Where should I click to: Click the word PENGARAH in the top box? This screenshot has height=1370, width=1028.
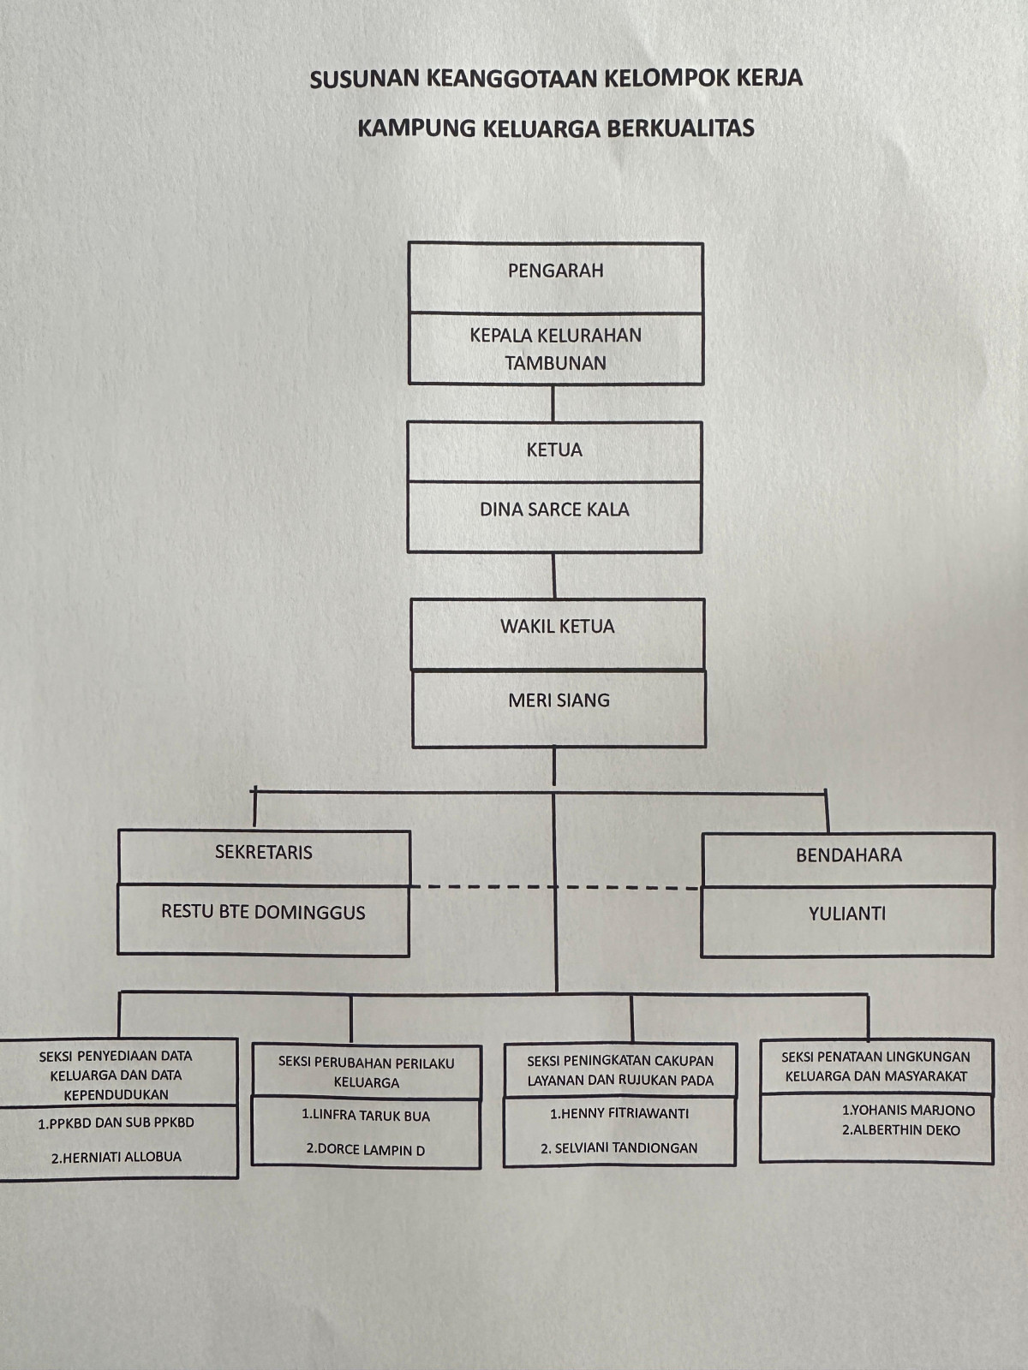pyautogui.click(x=555, y=271)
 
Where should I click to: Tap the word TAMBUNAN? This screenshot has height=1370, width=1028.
pyautogui.click(x=555, y=362)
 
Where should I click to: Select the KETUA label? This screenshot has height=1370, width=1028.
pyautogui.click(x=554, y=450)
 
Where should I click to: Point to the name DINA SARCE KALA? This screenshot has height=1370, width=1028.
pyautogui.click(x=554, y=509)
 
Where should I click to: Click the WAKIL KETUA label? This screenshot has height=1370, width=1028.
pyautogui.click(x=558, y=626)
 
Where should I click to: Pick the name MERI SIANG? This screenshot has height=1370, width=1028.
pyautogui.click(x=559, y=700)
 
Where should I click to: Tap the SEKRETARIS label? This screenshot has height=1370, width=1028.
pyautogui.click(x=264, y=852)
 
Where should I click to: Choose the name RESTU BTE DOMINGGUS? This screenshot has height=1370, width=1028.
pyautogui.click(x=263, y=912)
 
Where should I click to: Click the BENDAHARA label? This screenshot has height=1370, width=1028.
pyautogui.click(x=848, y=855)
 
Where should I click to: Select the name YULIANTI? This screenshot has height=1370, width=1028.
pyautogui.click(x=847, y=914)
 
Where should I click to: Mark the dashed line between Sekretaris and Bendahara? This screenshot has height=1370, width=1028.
pyautogui.click(x=555, y=887)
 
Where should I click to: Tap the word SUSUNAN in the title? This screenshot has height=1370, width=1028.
pyautogui.click(x=353, y=80)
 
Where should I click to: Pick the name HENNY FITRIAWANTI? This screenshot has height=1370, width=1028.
pyautogui.click(x=619, y=1113)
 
